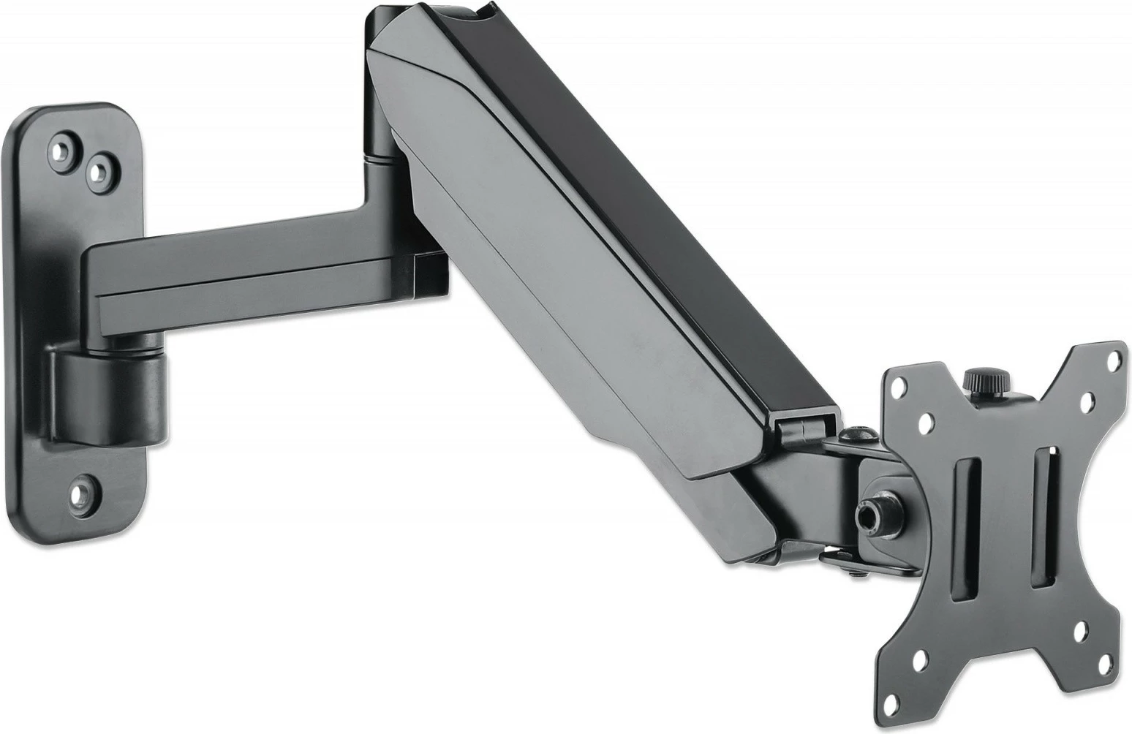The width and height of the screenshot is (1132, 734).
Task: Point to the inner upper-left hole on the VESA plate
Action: (x=924, y=422)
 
